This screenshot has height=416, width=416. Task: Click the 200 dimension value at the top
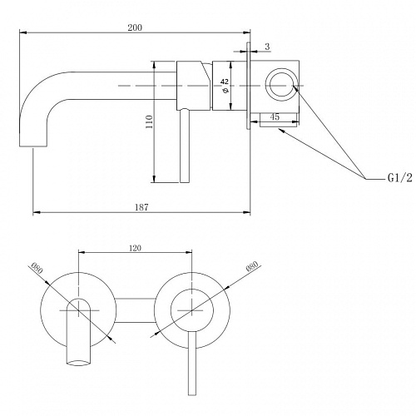click(x=135, y=27)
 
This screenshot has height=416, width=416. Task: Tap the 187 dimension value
click(x=141, y=207)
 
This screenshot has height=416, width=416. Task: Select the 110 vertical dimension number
click(x=149, y=121)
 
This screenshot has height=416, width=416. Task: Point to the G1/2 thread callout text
click(x=399, y=178)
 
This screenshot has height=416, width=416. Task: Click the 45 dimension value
click(x=275, y=116)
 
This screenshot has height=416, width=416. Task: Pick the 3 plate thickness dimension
click(x=267, y=47)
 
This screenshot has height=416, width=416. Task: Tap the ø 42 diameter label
click(x=225, y=86)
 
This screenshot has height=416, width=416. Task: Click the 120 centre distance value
click(x=135, y=248)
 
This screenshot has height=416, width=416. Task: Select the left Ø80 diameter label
click(x=37, y=268)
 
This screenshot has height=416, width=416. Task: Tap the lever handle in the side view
click(x=185, y=146)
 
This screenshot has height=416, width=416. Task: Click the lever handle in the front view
click(x=192, y=363)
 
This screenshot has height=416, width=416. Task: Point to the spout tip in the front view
click(x=78, y=362)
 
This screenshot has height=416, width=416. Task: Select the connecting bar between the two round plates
click(x=135, y=310)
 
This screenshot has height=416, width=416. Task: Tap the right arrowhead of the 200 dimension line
click(x=246, y=32)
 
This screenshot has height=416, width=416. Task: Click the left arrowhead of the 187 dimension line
click(x=37, y=213)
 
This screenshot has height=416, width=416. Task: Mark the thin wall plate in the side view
click(x=249, y=86)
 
